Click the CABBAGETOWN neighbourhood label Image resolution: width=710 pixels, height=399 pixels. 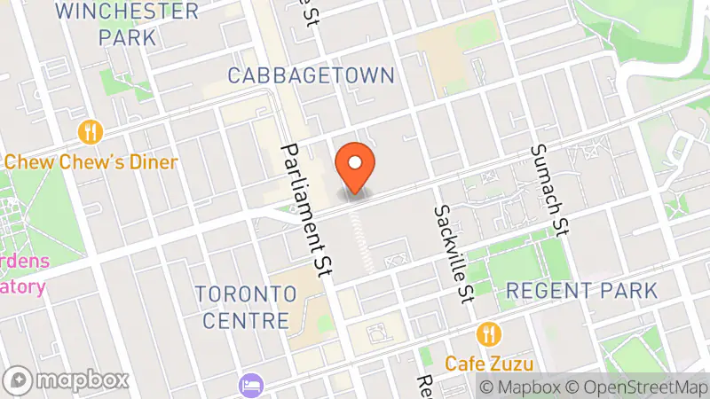tap(311, 75)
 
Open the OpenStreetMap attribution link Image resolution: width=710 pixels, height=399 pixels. tap(638, 387)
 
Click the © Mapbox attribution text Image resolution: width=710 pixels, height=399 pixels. tap(522, 387)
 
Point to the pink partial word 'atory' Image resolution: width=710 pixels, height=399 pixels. tap(22, 287)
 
